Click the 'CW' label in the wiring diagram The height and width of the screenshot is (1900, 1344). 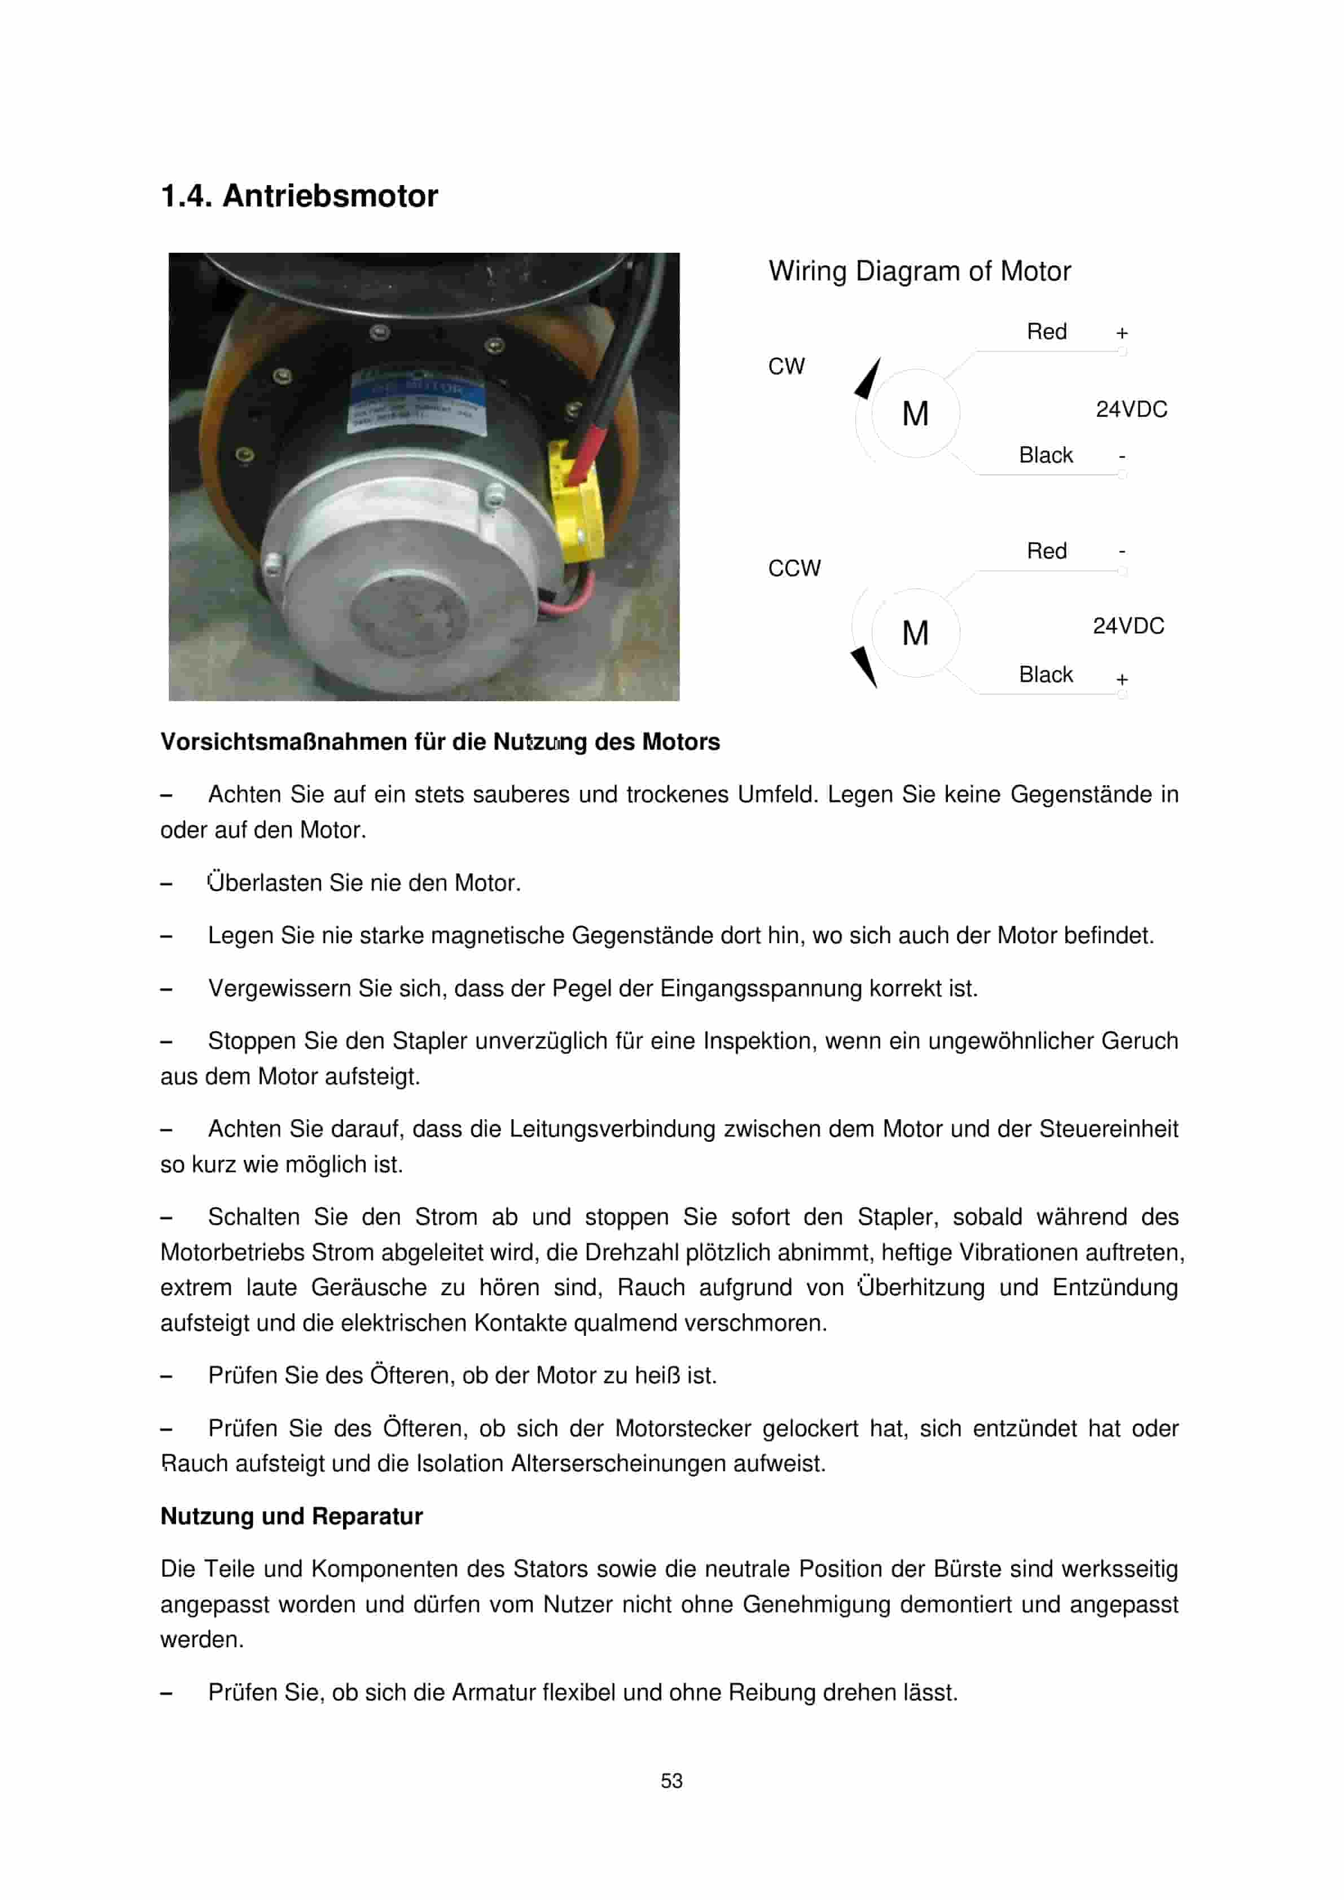click(x=785, y=367)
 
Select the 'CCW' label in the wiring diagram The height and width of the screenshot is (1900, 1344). click(x=794, y=569)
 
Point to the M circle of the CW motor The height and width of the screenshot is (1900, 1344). click(x=915, y=413)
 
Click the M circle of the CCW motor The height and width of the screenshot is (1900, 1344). click(x=915, y=633)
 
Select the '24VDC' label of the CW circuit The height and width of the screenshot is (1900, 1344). click(x=1131, y=410)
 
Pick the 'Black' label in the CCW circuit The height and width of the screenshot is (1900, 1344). click(x=1046, y=675)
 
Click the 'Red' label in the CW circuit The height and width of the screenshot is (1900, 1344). click(x=1046, y=332)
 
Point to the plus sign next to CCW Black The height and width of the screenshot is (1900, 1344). click(x=1121, y=679)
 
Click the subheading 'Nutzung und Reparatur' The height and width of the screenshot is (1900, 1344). click(x=291, y=1516)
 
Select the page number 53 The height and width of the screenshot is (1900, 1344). click(x=671, y=1781)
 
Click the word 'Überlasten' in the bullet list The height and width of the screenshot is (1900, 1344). click(x=264, y=883)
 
